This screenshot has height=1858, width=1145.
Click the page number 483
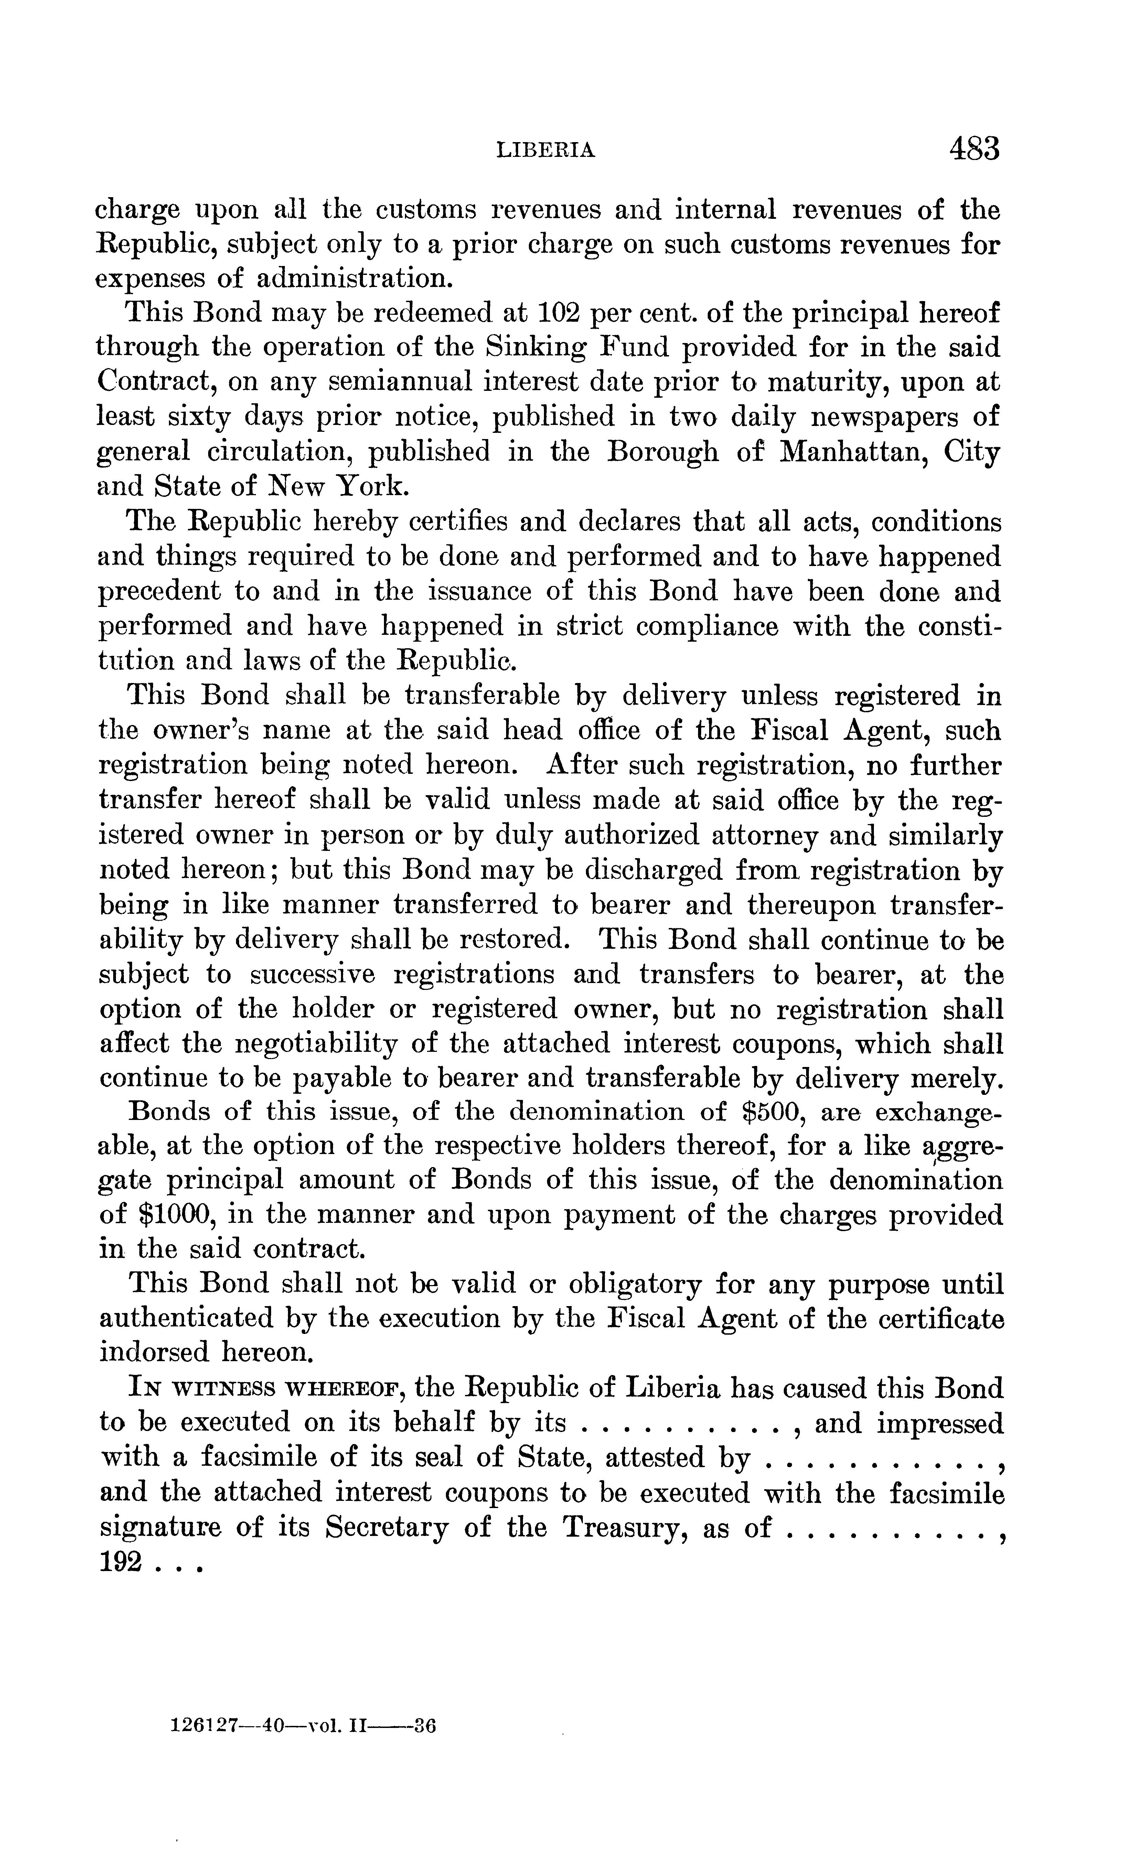point(973,148)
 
